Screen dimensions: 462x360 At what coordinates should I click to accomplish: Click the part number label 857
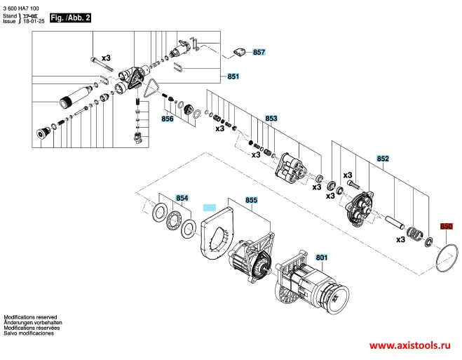pyautogui.click(x=259, y=52)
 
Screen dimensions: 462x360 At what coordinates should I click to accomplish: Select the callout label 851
pyautogui.click(x=233, y=76)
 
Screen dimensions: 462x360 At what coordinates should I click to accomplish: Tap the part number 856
pyautogui.click(x=168, y=119)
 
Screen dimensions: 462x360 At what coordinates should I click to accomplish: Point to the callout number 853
pyautogui.click(x=271, y=118)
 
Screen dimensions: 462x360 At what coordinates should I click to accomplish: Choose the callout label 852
pyautogui.click(x=383, y=159)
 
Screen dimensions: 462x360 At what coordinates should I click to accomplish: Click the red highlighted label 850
pyautogui.click(x=446, y=226)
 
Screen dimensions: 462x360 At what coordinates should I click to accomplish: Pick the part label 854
pyautogui.click(x=182, y=198)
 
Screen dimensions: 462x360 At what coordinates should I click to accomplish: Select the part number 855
pyautogui.click(x=251, y=200)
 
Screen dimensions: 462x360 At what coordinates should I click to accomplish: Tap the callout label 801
pyautogui.click(x=322, y=258)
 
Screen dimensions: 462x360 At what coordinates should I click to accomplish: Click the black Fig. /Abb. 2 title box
pyautogui.click(x=70, y=18)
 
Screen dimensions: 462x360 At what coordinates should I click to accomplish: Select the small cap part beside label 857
pyautogui.click(x=240, y=53)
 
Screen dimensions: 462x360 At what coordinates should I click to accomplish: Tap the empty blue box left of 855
pyautogui.click(x=210, y=208)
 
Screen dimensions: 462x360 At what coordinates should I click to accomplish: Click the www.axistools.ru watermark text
pyautogui.click(x=410, y=345)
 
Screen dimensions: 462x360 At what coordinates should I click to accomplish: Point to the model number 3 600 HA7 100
pyautogui.click(x=21, y=8)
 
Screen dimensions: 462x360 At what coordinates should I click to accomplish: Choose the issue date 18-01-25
pyautogui.click(x=34, y=21)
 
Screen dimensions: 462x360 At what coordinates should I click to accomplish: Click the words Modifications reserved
pyautogui.click(x=30, y=317)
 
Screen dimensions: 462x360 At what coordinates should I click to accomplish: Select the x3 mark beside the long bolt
pyautogui.click(x=106, y=58)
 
